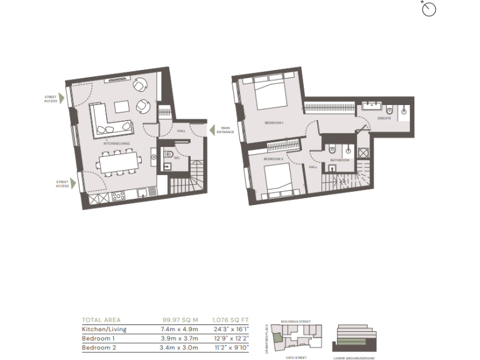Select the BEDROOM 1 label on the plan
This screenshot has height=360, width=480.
pyautogui.click(x=274, y=122)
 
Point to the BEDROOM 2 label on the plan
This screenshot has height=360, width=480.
pyautogui.click(x=273, y=159)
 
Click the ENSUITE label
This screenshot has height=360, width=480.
pyautogui.click(x=384, y=118)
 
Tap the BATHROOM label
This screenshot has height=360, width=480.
pyautogui.click(x=341, y=161)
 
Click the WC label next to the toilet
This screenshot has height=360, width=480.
pyautogui.click(x=176, y=157)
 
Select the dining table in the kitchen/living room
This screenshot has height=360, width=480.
pyautogui.click(x=118, y=163)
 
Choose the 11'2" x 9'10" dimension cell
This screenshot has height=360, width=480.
pyautogui.click(x=231, y=348)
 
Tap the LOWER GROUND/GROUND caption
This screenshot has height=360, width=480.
pyautogui.click(x=355, y=358)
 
